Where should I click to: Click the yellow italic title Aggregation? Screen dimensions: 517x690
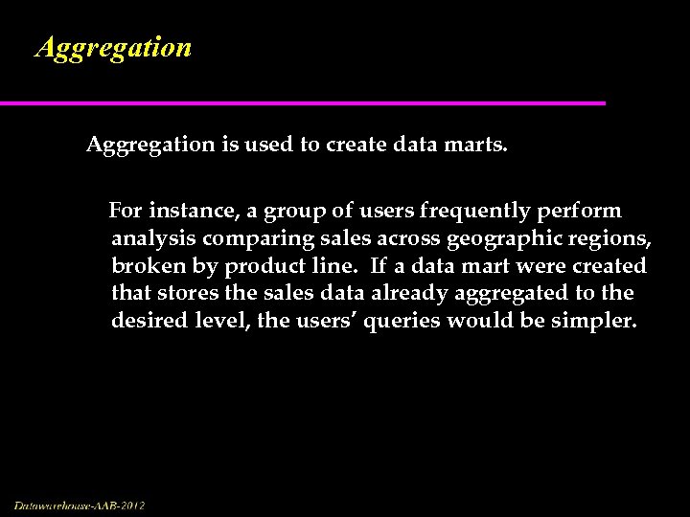coord(113,47)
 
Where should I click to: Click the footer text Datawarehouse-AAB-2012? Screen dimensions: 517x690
coord(80,505)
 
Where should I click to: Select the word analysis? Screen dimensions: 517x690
coord(153,238)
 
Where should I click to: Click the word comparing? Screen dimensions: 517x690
coord(251,238)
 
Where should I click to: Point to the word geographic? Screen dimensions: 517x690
coord(494,238)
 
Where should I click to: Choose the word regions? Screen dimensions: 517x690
coord(609,238)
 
